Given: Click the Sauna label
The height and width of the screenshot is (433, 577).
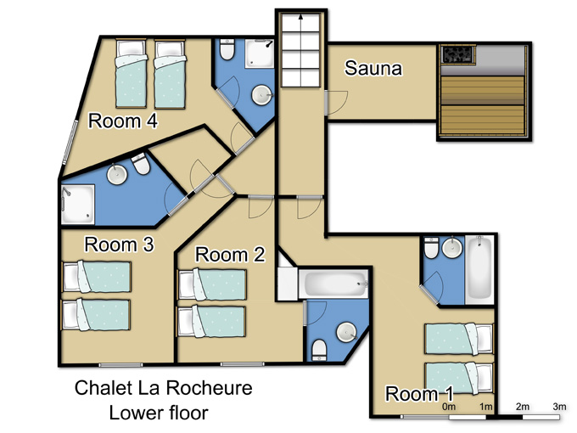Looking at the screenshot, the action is [x=373, y=68].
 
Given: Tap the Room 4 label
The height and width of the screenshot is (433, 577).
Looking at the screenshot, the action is [x=123, y=121].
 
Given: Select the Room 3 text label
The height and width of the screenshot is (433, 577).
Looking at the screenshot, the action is [x=119, y=245].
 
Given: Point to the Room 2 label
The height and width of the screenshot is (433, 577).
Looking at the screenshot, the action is [x=230, y=255].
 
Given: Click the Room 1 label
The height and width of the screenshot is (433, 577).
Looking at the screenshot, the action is [x=419, y=394].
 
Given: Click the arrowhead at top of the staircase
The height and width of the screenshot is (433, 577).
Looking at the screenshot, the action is [x=301, y=16].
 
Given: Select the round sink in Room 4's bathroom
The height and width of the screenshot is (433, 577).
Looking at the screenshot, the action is [x=261, y=95].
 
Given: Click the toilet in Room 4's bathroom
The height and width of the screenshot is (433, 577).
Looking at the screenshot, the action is [x=227, y=50].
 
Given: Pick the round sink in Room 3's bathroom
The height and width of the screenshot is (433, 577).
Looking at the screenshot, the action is [x=117, y=174].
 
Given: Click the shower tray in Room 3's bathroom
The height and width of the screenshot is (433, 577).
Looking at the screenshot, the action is [x=78, y=205].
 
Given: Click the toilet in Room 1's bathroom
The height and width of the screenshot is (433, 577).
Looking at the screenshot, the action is [x=431, y=248].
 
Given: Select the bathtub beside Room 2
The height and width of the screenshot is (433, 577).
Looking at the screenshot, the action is [x=333, y=284].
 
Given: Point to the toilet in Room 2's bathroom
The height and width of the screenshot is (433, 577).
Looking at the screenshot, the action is [x=319, y=350].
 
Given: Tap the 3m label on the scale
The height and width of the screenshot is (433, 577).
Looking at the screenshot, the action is [x=559, y=407].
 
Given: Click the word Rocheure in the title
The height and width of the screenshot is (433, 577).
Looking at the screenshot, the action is [x=209, y=388].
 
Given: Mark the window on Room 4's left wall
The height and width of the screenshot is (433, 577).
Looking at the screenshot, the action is [x=70, y=143].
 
